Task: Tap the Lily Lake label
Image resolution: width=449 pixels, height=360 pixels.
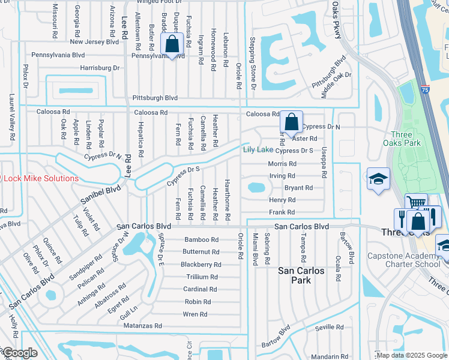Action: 258,149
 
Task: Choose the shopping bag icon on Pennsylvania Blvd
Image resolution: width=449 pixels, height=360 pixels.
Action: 172,44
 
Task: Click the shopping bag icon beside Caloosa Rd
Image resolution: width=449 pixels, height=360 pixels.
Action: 291,122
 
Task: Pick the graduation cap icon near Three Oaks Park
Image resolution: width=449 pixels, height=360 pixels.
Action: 379,179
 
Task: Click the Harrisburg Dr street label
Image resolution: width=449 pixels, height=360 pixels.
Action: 100,68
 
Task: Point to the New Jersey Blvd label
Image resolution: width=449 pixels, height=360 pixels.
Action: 94,42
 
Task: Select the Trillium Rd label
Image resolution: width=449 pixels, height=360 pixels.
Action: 202,277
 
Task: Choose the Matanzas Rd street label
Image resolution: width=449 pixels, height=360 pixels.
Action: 142,326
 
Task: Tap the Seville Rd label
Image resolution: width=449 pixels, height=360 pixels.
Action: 328,327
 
